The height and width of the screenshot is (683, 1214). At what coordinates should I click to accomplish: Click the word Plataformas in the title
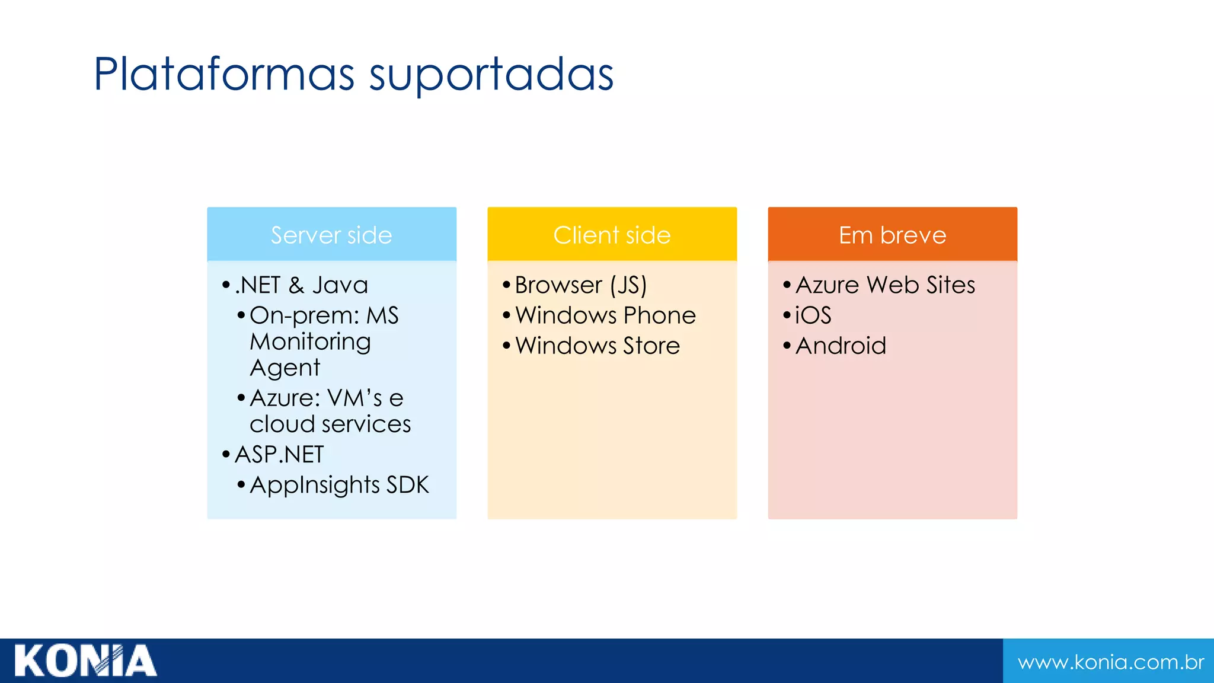pyautogui.click(x=224, y=74)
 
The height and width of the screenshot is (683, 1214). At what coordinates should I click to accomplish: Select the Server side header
pyautogui.click(x=331, y=235)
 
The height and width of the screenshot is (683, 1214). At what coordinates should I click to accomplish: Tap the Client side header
pyautogui.click(x=612, y=235)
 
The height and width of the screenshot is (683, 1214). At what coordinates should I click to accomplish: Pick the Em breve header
pyautogui.click(x=892, y=235)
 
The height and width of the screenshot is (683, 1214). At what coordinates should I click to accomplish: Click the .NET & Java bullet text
pyautogui.click(x=301, y=285)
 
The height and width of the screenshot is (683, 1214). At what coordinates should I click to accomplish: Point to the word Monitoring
pyautogui.click(x=310, y=342)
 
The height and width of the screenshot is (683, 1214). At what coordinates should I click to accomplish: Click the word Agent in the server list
pyautogui.click(x=285, y=368)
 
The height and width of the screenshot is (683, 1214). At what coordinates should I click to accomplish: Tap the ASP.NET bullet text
pyautogui.click(x=279, y=455)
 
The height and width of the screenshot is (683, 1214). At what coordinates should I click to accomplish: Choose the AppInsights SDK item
pyautogui.click(x=339, y=485)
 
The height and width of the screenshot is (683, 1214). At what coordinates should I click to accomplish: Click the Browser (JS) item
pyautogui.click(x=580, y=285)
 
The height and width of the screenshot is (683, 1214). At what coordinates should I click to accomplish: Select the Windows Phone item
pyautogui.click(x=605, y=315)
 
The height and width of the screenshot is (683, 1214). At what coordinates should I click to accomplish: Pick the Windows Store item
pyautogui.click(x=598, y=346)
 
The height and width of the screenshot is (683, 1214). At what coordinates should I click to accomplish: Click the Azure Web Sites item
pyautogui.click(x=885, y=285)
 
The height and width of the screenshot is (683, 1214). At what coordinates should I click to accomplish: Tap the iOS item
pyautogui.click(x=813, y=315)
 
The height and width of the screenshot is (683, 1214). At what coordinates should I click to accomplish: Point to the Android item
pyautogui.click(x=841, y=346)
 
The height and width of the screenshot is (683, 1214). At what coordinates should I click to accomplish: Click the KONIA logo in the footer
pyautogui.click(x=85, y=660)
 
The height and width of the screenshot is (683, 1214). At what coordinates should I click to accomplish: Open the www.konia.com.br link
pyautogui.click(x=1110, y=662)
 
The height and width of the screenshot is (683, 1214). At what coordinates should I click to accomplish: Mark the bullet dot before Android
pyautogui.click(x=787, y=345)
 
